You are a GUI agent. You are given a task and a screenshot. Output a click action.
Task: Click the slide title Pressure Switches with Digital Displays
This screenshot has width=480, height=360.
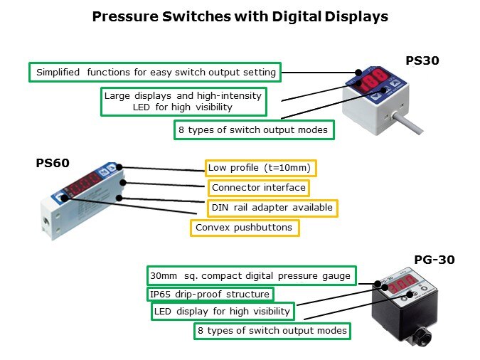[x=240, y=16]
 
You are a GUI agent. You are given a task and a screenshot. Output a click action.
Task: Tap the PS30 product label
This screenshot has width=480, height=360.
[x=422, y=60]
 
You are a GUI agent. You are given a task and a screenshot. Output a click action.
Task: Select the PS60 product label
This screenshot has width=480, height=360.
[x=53, y=163]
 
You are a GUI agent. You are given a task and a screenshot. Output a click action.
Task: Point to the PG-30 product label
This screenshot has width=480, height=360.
[x=434, y=260]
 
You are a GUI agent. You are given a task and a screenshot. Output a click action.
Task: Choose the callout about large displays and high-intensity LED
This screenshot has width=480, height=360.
[x=183, y=101]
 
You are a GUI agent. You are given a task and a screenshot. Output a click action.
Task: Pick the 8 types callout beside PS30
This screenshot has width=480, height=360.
[x=254, y=130]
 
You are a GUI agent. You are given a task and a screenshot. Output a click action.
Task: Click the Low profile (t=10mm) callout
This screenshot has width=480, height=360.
[x=260, y=168]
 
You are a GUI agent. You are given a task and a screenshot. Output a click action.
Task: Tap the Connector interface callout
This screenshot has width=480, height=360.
[x=259, y=188]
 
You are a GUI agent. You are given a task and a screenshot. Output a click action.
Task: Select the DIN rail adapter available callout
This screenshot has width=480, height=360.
[x=272, y=208]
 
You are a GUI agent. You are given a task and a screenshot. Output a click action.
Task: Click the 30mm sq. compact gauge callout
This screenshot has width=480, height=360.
[x=250, y=275]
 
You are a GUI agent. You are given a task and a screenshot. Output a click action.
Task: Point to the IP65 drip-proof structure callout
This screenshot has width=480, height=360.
[x=210, y=294]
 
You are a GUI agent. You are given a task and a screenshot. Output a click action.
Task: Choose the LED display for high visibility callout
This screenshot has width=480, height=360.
[x=222, y=311]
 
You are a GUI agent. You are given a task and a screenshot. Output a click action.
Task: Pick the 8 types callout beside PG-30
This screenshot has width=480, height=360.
[x=272, y=331]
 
